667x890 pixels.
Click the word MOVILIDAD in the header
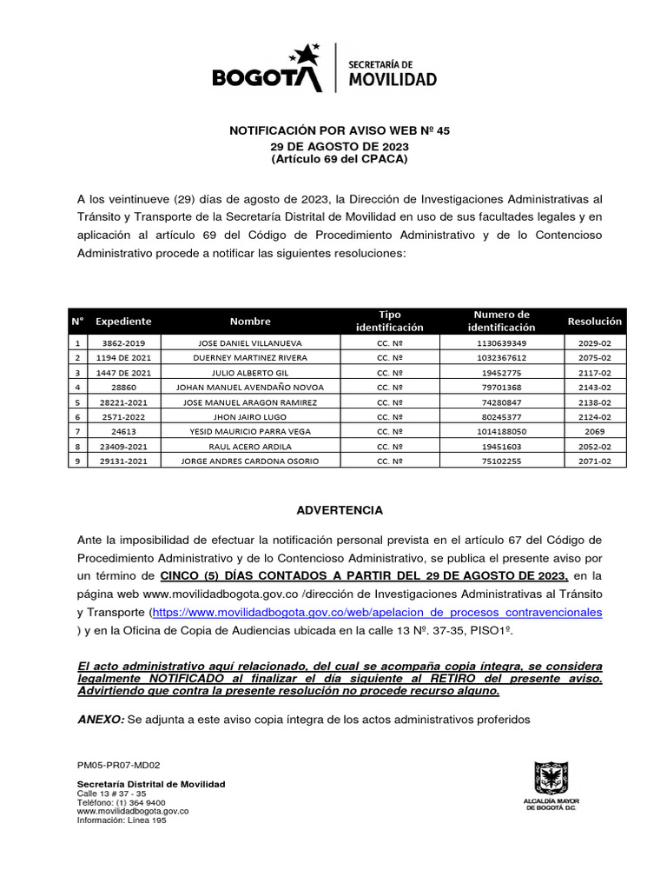pyautogui.click(x=392, y=80)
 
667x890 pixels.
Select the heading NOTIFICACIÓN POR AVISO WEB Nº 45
pyautogui.click(x=339, y=130)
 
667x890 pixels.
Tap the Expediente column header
pyautogui.click(x=123, y=321)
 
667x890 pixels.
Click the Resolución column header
pyautogui.click(x=595, y=321)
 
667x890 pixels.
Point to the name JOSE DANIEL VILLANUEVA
pyautogui.click(x=250, y=343)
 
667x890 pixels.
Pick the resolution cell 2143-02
pyautogui.click(x=595, y=388)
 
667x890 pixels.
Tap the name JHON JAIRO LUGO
pyautogui.click(x=250, y=416)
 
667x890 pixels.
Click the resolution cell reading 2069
pyautogui.click(x=595, y=431)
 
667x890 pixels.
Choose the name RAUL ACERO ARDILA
pyautogui.click(x=250, y=446)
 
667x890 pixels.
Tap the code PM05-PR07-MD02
pyautogui.click(x=119, y=766)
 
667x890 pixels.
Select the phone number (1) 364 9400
pyautogui.click(x=139, y=802)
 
